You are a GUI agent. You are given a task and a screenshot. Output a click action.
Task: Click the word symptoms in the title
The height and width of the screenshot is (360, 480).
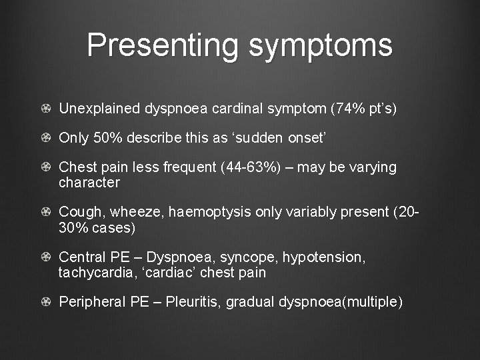point(321,46)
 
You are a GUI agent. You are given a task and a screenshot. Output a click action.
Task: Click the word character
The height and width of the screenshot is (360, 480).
point(89,183)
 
